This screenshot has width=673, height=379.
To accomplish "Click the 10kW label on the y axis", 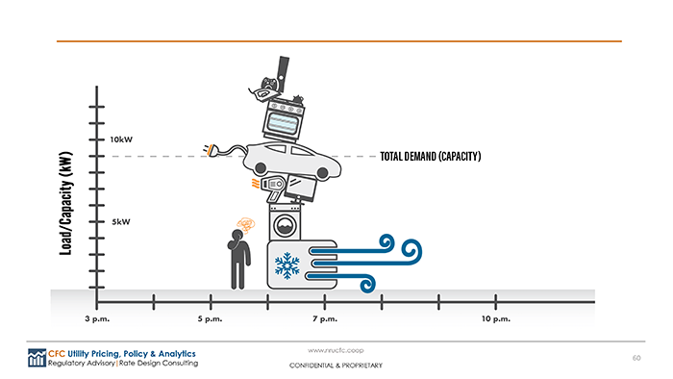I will tap(122, 139).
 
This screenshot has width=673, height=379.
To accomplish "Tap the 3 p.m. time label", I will tap(94, 318).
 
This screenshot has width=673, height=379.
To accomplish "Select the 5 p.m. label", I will tap(210, 318).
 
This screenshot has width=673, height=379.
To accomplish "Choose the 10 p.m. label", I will tap(495, 318).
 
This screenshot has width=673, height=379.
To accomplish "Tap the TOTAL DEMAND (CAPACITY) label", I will tap(430, 156).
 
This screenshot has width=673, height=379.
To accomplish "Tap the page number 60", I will tap(636, 358).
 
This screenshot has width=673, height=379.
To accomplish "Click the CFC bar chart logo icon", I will tap(37, 358).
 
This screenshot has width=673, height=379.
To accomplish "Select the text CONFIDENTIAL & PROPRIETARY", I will tap(336, 366).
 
